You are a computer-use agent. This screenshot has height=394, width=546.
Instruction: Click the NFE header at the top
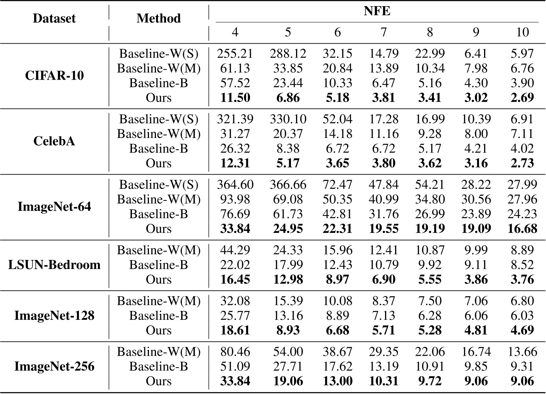click(x=377, y=11)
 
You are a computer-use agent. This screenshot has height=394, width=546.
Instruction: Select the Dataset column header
click(x=54, y=18)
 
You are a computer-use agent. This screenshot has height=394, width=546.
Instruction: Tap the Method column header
click(x=159, y=18)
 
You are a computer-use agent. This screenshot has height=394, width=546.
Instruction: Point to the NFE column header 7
click(x=383, y=32)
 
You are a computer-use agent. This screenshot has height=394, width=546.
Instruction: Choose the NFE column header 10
click(x=522, y=32)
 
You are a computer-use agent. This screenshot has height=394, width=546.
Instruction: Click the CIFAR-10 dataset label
click(x=54, y=75)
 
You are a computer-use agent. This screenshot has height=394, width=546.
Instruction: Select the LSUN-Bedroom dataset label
click(x=54, y=265)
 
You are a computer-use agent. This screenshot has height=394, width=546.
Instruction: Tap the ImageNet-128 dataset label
click(x=54, y=316)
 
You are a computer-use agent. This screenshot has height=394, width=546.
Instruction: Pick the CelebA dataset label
click(x=54, y=141)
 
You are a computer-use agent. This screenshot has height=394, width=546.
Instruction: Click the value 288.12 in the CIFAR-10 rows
click(x=288, y=53)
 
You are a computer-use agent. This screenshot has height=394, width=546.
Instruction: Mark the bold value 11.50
click(x=235, y=98)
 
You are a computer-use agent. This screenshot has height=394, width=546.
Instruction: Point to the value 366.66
click(x=288, y=185)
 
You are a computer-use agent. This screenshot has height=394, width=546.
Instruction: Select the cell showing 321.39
click(x=235, y=119)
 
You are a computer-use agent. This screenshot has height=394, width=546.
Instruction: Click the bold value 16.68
click(x=522, y=229)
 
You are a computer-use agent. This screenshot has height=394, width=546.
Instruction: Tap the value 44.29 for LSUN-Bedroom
click(x=235, y=250)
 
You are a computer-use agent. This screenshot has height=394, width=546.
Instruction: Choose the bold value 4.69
click(x=522, y=331)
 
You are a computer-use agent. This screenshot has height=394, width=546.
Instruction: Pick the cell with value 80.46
click(x=235, y=352)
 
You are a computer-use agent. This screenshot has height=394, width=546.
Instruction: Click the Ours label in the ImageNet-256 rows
click(x=159, y=381)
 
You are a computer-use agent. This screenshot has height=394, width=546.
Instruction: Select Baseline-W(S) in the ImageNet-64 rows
click(x=159, y=185)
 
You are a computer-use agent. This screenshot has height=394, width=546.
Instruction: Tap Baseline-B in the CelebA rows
click(x=159, y=148)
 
